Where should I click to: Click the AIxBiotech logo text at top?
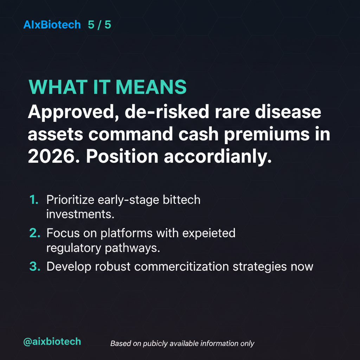(x=52, y=25)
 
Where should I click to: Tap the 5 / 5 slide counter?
(x=99, y=25)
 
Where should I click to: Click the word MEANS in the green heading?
(x=151, y=87)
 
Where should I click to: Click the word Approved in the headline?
(x=73, y=112)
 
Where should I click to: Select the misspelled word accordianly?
(x=218, y=157)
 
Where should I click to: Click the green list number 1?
(x=34, y=200)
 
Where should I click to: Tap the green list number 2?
(x=35, y=233)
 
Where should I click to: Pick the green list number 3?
(x=35, y=266)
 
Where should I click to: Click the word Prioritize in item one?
(x=70, y=200)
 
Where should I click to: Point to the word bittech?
(x=181, y=200)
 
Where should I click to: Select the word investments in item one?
(x=80, y=214)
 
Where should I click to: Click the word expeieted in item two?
(x=209, y=233)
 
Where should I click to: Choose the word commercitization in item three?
(x=181, y=266)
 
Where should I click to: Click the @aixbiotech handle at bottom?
(x=52, y=342)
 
